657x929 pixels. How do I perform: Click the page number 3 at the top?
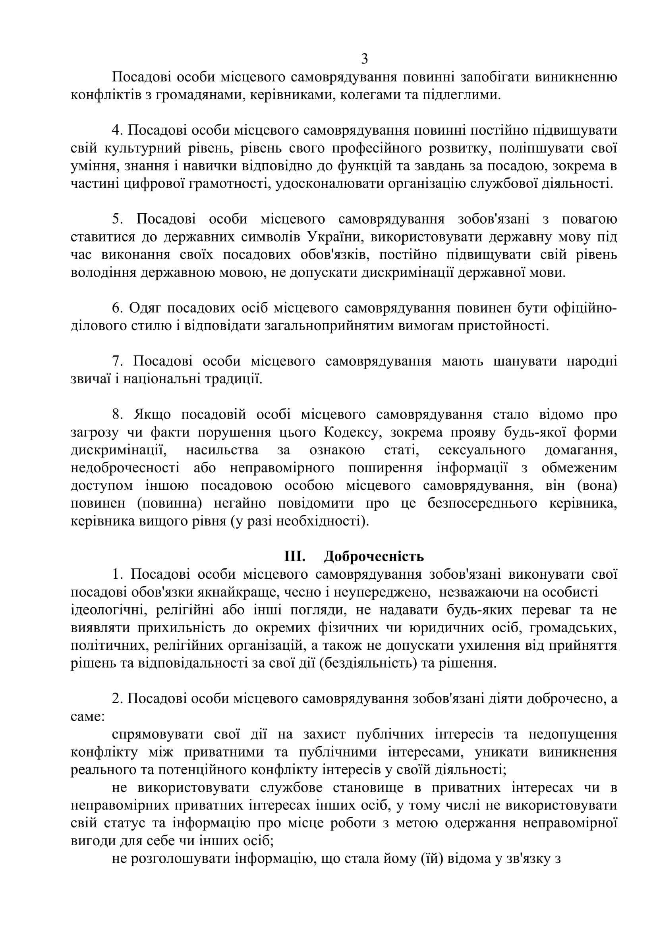click(364, 59)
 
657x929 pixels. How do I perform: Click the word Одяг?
click(145, 308)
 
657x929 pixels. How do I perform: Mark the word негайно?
click(240, 504)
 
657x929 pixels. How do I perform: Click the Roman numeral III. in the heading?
click(294, 557)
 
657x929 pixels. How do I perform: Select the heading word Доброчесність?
click(374, 557)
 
